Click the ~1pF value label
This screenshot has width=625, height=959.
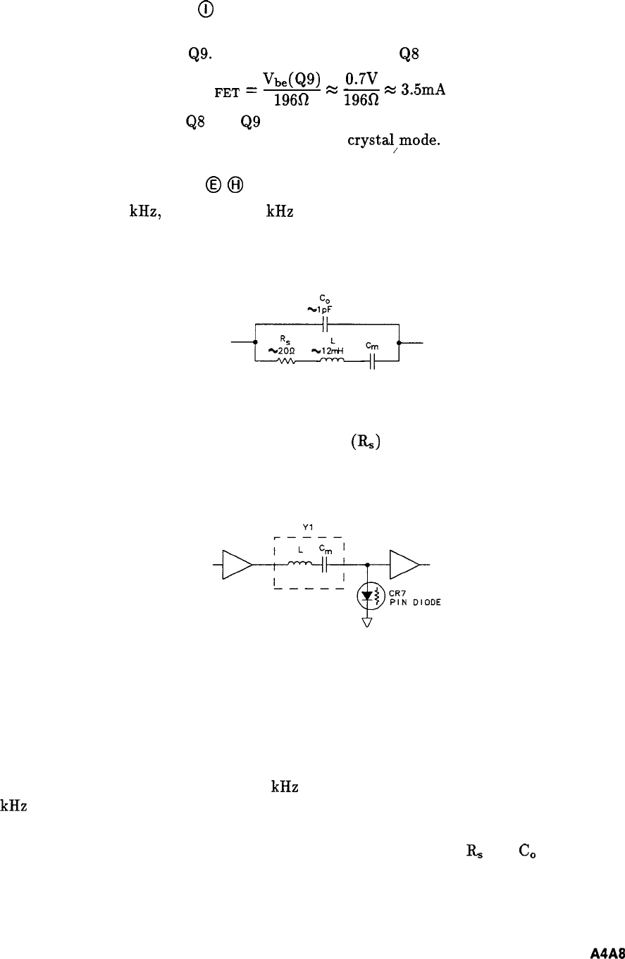325,308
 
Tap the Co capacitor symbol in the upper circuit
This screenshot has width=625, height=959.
325,325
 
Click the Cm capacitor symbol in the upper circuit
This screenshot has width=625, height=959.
373,361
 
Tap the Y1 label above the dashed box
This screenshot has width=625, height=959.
305,524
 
